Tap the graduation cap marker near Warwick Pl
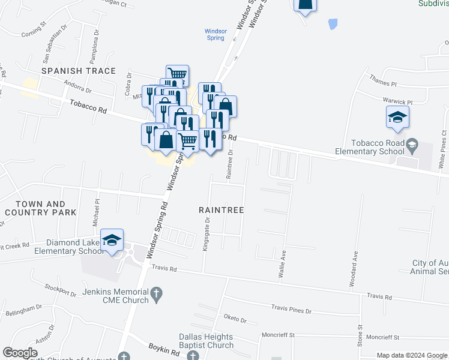(x=397, y=118)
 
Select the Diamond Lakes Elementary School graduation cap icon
(x=112, y=241)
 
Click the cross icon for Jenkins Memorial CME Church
(x=156, y=294)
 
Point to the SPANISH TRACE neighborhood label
(x=78, y=71)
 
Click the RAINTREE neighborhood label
(x=221, y=210)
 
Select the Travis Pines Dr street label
(x=292, y=311)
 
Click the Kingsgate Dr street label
(x=206, y=235)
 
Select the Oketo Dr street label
(x=235, y=319)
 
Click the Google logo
(x=20, y=353)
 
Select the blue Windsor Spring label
(x=215, y=34)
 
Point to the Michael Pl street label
(x=95, y=214)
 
